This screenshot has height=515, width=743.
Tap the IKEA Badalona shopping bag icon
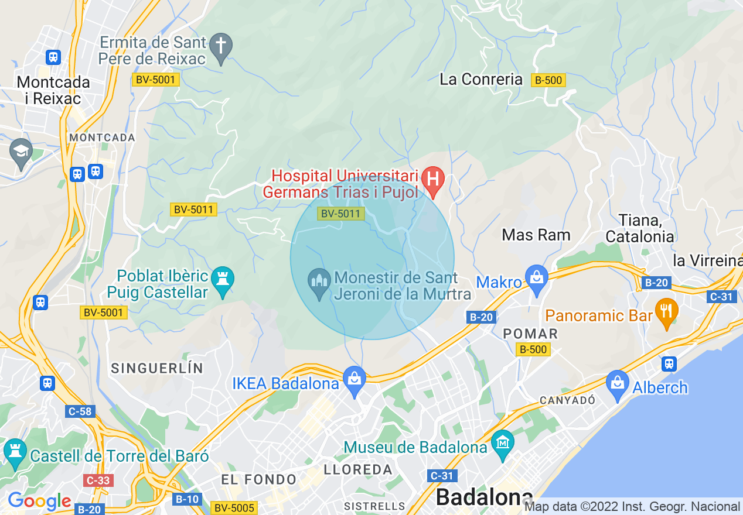point(355,377)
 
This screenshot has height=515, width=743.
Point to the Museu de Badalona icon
point(502,441)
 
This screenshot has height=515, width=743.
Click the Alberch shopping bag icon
point(617,382)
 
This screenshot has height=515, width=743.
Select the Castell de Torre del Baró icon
point(15,450)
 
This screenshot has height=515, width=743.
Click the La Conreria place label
point(480,80)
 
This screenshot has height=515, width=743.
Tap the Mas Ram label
point(536,235)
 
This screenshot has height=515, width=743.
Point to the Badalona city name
point(484,497)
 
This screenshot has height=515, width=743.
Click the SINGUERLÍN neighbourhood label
point(157,368)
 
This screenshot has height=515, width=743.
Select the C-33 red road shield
point(97,480)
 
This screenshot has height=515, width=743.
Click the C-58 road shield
point(80,411)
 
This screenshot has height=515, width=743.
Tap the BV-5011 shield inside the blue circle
point(341,214)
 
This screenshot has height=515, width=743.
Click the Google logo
point(39,502)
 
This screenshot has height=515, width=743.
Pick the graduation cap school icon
point(21,151)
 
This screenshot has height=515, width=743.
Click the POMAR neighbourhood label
point(530,334)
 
